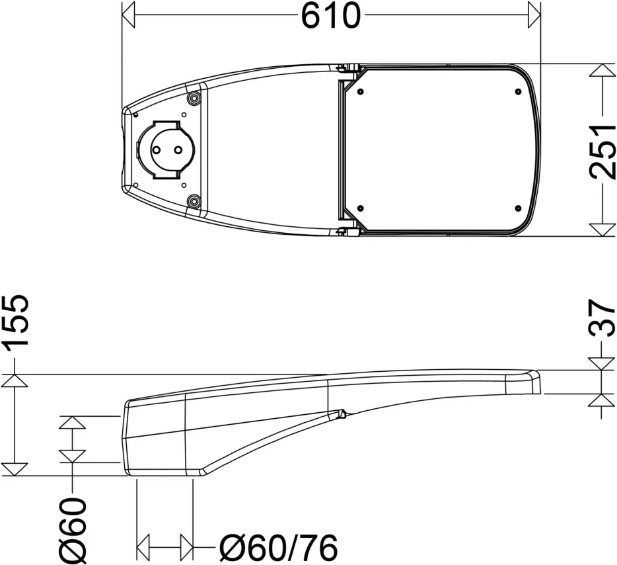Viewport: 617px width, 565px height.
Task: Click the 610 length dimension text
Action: coord(331,15)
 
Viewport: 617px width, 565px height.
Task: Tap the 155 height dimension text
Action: coord(16,321)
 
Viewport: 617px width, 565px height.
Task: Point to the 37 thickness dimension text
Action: coord(602,318)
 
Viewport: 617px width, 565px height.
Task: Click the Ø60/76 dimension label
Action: coord(278,548)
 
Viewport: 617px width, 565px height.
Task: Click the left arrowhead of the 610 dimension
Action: coord(128,15)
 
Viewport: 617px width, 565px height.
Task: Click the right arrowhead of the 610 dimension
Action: coord(534,15)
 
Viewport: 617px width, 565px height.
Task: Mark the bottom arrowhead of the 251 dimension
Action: coord(602,230)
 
